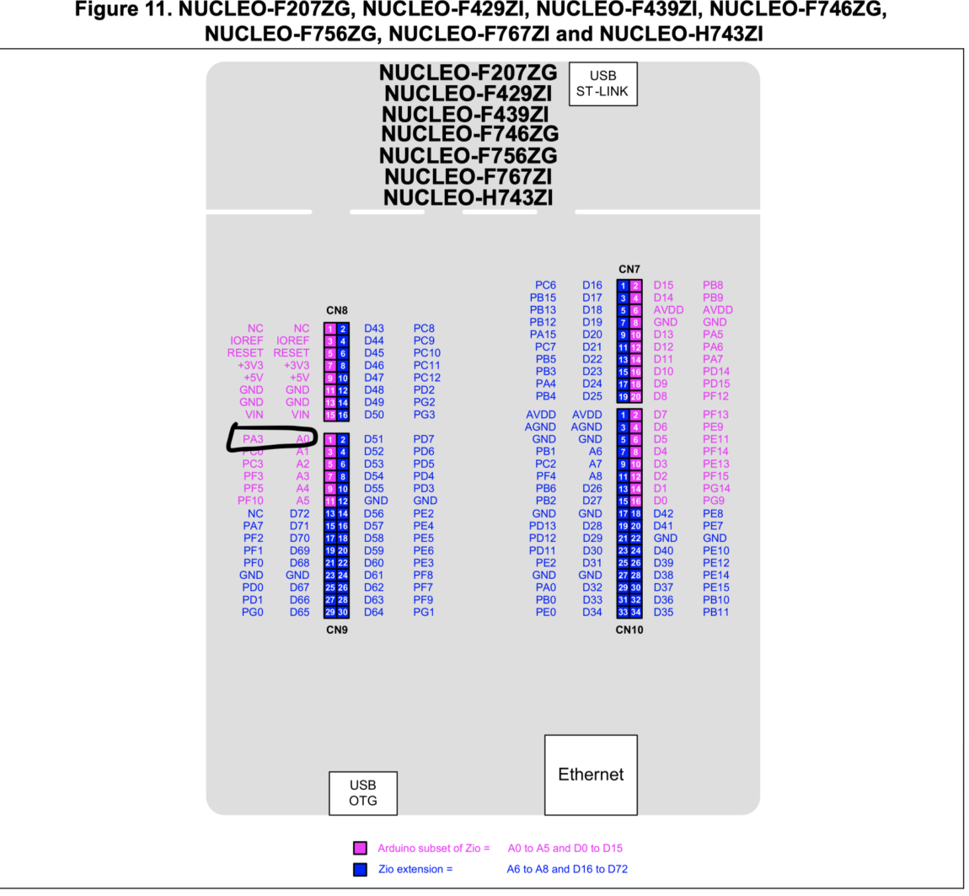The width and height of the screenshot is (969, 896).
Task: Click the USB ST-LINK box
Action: pyautogui.click(x=602, y=83)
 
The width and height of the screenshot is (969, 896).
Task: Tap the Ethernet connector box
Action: pyautogui.click(x=591, y=774)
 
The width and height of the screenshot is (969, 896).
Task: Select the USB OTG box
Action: pyautogui.click(x=362, y=792)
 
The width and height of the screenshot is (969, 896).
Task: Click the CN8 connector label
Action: pyautogui.click(x=337, y=311)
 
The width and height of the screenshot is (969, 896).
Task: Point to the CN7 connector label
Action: pyautogui.click(x=629, y=269)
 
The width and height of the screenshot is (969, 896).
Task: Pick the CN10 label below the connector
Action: pyautogui.click(x=629, y=629)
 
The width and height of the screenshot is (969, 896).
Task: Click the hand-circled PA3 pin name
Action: pyautogui.click(x=253, y=439)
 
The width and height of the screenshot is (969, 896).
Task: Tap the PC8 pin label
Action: pyautogui.click(x=424, y=328)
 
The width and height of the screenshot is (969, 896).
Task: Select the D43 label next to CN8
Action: pyautogui.click(x=374, y=328)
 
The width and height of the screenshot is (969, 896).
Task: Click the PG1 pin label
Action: pyautogui.click(x=424, y=612)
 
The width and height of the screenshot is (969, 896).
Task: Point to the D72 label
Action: pyautogui.click(x=299, y=513)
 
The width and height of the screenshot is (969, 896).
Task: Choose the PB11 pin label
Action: pyautogui.click(x=715, y=612)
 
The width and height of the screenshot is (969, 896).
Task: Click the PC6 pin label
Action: pyautogui.click(x=546, y=286)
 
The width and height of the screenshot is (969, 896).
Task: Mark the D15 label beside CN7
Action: pyautogui.click(x=663, y=286)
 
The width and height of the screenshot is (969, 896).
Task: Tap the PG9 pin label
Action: pyautogui.click(x=713, y=501)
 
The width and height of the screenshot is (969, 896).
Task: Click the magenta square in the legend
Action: pyautogui.click(x=360, y=848)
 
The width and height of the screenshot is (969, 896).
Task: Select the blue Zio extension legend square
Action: pyautogui.click(x=360, y=869)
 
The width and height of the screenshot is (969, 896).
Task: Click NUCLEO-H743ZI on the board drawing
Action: pyautogui.click(x=468, y=198)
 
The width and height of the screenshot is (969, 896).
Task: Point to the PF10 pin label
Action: pyautogui.click(x=250, y=501)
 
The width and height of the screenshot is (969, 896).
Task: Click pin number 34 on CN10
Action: pyautogui.click(x=636, y=612)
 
